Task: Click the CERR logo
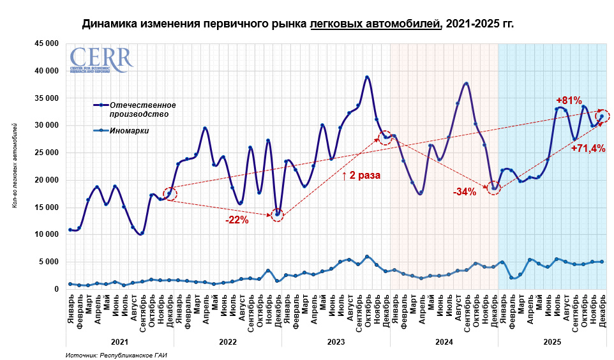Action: [x=101, y=59]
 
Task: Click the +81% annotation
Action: [x=569, y=100]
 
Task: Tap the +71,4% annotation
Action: [x=588, y=148]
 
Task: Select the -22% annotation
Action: [x=237, y=221]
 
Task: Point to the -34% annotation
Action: [x=464, y=191]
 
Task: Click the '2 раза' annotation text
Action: [x=361, y=175]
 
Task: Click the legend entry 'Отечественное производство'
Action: [x=142, y=109]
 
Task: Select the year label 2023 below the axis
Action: [x=336, y=342]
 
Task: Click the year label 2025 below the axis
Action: [x=552, y=342]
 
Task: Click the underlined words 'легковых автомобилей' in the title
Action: [x=375, y=24]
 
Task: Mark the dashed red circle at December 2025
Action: [x=602, y=116]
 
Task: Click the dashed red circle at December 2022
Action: [x=277, y=214]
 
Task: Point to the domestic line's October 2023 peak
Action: [x=367, y=77]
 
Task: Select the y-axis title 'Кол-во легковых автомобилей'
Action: [x=15, y=166]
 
